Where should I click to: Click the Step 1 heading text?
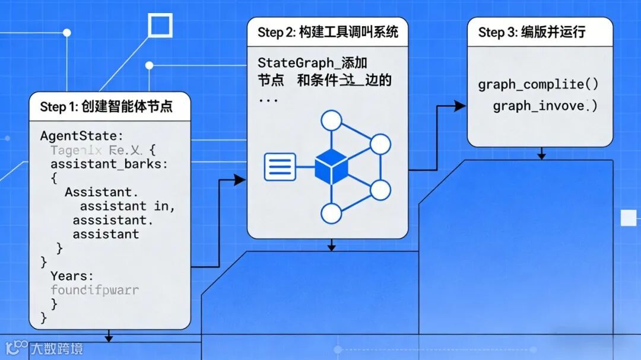106,107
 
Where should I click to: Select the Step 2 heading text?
328,32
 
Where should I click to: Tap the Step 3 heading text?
532,32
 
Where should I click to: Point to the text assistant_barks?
109,164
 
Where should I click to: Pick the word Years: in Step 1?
72,276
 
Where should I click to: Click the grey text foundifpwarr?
95,290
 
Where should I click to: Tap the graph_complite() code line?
538,84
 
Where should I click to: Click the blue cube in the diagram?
331,167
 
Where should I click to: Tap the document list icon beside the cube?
280,167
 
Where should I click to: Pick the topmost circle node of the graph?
331,121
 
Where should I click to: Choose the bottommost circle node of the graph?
331,213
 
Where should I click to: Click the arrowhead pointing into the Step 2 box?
240,180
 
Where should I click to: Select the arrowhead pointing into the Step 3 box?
460,106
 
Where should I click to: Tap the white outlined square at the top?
160,26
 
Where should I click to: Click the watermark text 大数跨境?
57,349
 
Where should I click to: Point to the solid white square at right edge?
629,218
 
